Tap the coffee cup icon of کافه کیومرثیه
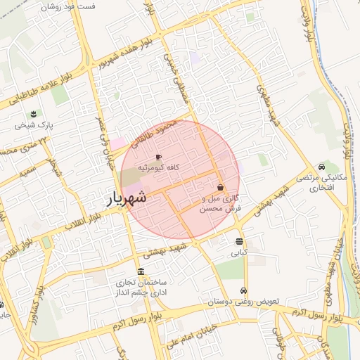tap(158, 157)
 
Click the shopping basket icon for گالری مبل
tap(221, 188)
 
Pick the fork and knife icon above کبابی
tap(240, 242)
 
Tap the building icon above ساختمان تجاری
tap(141, 272)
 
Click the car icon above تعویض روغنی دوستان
tap(243, 290)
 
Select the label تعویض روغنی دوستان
tap(243, 301)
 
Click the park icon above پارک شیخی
tap(32, 115)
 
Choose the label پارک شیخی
tap(32, 126)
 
